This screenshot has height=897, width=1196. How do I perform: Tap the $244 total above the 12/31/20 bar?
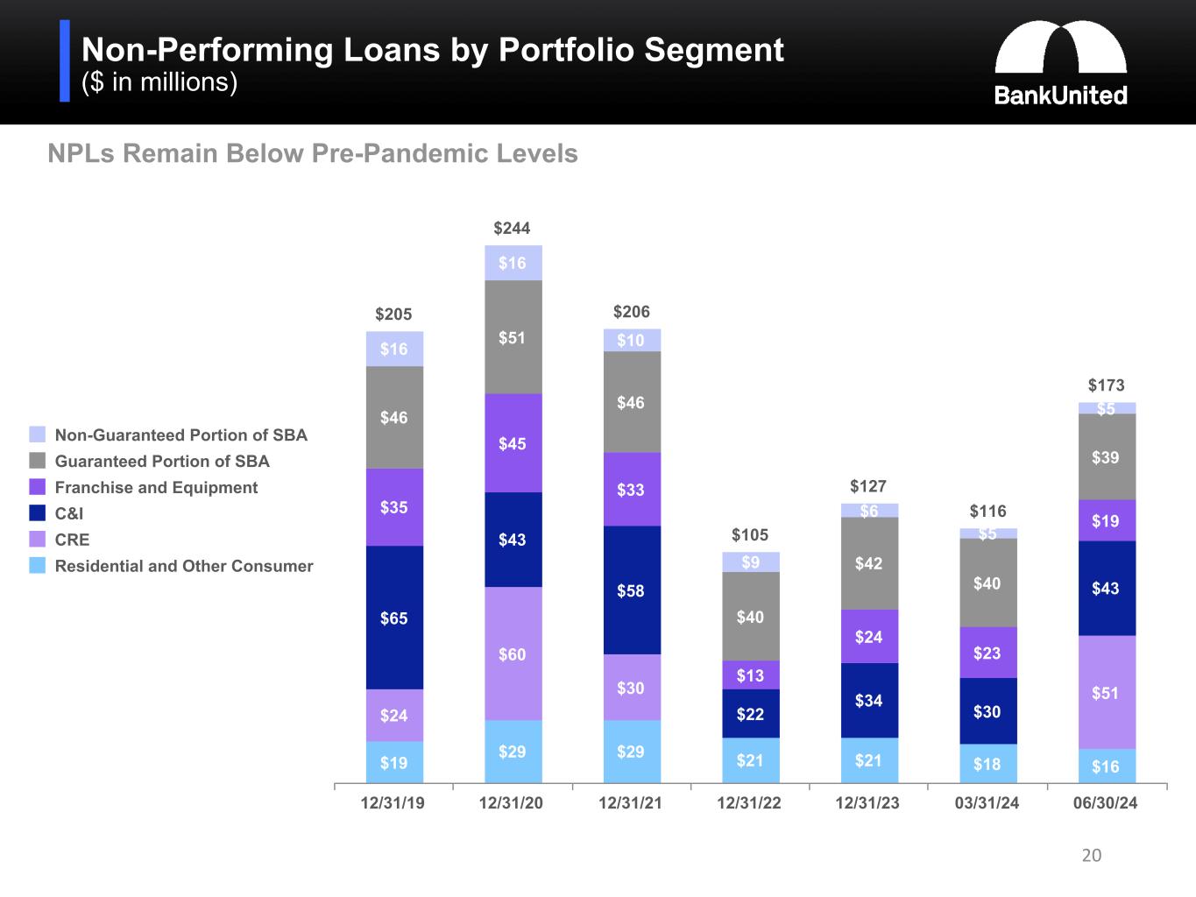pos(512,229)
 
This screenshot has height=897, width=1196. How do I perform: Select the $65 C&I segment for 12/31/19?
pos(394,618)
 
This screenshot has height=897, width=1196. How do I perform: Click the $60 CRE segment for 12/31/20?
pos(513,653)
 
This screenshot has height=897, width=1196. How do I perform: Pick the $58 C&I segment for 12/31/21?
pos(631,590)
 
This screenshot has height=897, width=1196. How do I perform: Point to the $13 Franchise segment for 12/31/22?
pos(750,675)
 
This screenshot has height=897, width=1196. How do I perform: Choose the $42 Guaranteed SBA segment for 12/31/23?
pos(868,563)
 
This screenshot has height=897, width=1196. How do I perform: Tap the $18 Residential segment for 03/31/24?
pos(987,763)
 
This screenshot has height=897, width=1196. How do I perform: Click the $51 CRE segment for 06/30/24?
pos(1106,692)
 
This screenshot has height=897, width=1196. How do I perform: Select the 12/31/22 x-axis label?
pos(749,803)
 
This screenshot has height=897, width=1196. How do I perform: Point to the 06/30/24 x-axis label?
pos(1106,803)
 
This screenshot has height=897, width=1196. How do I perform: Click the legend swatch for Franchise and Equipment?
pos(37,487)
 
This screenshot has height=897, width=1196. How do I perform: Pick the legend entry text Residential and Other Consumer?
pos(184,566)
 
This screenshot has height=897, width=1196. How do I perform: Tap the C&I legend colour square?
pos(37,513)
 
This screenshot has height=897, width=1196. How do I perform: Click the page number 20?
pos(1091,855)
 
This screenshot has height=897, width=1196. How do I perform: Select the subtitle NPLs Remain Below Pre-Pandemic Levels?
pos(313,154)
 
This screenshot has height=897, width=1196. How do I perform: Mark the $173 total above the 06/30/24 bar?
pos(1106,385)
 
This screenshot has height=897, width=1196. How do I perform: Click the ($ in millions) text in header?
pos(159,82)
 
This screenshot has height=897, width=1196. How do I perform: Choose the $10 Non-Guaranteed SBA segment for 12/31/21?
pos(631,340)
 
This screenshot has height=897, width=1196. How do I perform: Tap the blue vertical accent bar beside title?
pos(65,61)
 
